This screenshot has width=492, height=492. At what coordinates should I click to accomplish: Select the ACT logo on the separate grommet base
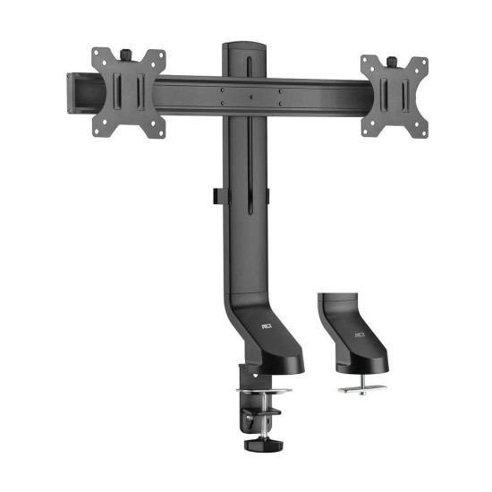(360, 335)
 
